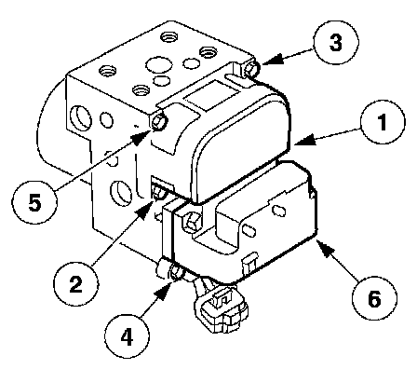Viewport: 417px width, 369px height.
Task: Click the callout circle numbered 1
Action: click(x=383, y=121)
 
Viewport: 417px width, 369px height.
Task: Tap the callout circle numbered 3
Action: click(x=336, y=42)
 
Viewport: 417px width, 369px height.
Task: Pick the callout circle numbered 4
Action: click(x=128, y=336)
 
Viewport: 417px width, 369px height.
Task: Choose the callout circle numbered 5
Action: click(x=34, y=202)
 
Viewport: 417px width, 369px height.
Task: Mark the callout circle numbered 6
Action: click(x=374, y=298)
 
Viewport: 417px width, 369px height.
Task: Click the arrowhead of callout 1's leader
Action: click(x=304, y=141)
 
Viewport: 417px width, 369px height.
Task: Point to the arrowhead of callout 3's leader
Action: click(x=273, y=59)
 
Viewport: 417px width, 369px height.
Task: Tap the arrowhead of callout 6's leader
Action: click(x=326, y=250)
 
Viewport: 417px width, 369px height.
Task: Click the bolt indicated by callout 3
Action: click(x=250, y=69)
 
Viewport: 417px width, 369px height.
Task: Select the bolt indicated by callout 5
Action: click(x=159, y=121)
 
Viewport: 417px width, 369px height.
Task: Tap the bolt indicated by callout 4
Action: click(x=177, y=272)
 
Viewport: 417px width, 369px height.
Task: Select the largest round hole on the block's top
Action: click(x=159, y=65)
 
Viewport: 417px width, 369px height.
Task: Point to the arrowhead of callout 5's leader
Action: click(x=142, y=137)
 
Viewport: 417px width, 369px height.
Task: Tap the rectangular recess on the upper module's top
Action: click(x=212, y=94)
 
